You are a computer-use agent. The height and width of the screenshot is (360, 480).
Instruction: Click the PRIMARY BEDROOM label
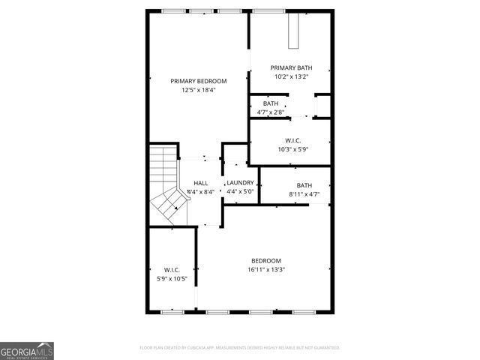tap(198, 81)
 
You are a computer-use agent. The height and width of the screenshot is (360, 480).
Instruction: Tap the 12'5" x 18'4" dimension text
tap(198, 90)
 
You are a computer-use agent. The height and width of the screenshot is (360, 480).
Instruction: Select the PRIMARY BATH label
tap(291, 67)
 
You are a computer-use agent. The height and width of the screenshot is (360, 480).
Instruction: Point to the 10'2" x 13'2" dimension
tap(291, 76)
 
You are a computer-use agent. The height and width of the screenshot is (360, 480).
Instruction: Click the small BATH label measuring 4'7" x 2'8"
tap(270, 103)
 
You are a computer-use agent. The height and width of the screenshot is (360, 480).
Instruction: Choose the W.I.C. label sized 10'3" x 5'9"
tap(292, 140)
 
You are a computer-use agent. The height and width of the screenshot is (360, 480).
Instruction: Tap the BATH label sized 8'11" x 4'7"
tap(304, 185)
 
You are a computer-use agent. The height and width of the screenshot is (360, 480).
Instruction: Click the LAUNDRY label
tap(240, 183)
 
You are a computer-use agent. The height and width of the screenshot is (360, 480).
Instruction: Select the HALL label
tap(201, 183)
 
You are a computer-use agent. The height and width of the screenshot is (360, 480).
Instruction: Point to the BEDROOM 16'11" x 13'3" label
tap(266, 260)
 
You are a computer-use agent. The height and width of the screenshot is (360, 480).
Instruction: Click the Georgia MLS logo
tap(27, 350)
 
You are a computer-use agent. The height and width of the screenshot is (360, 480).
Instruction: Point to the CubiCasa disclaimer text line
tap(240, 348)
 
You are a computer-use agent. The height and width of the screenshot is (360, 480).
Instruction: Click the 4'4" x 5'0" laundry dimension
tap(240, 192)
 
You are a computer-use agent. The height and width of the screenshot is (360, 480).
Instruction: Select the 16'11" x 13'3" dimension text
tap(266, 270)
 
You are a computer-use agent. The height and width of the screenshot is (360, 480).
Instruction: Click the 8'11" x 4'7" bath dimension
tap(304, 195)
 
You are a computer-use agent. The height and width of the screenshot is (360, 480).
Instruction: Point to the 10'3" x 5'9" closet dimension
tap(292, 149)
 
